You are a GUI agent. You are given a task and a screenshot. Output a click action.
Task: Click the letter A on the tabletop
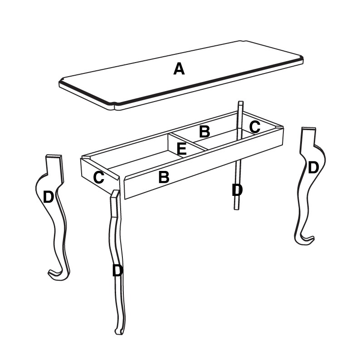[179, 69]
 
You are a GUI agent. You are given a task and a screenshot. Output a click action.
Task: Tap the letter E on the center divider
[182, 149]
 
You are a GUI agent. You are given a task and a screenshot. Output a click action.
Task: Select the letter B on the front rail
[164, 177]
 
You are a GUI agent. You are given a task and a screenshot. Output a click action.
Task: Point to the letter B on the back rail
[204, 132]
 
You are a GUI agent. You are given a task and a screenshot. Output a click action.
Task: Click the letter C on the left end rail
[99, 178]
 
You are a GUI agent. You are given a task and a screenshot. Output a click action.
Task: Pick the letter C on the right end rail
[255, 127]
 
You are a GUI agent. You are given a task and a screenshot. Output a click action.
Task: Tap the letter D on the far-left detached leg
[49, 197]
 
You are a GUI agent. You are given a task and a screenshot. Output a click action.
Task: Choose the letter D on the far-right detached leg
[313, 168]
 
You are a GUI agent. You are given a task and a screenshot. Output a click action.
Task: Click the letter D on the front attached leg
[117, 271]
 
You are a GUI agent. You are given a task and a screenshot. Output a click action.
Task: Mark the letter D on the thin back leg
[237, 190]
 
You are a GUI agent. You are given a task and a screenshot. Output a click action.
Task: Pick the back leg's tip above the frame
[241, 103]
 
